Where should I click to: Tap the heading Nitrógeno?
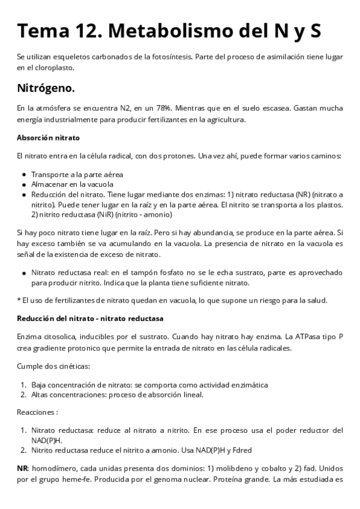46,88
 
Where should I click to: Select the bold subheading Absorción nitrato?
48,137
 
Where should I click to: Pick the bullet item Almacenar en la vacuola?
72,184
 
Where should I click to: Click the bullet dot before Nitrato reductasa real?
24,272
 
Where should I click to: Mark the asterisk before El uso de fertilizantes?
19,300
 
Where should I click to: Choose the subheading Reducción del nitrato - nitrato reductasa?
90,318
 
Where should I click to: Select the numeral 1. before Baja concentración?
24,384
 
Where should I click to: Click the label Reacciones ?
37,412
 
